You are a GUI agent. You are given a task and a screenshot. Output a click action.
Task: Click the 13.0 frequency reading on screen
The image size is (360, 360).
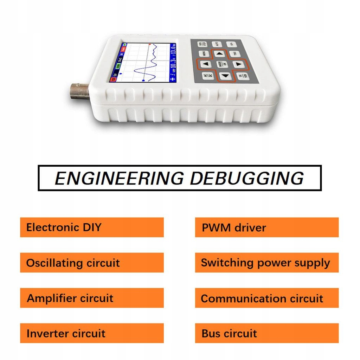coord(173,50)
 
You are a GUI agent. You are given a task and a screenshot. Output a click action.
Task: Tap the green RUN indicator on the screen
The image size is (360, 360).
coord(118,66)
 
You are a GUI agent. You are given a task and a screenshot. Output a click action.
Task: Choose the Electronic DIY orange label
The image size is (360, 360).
coord(92,227)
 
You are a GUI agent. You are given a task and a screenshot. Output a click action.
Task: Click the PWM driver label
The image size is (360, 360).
coord(266,227)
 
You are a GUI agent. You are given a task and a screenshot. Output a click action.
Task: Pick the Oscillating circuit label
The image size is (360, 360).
coord(92,263)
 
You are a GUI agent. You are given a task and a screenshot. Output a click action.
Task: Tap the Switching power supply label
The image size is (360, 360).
coord(266,263)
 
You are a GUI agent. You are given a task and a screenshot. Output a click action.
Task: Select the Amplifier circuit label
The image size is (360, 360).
coord(92,298)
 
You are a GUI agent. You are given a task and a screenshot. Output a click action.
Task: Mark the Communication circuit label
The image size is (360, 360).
coord(266,298)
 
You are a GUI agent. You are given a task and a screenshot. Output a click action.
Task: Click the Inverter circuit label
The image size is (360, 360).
coord(92,333)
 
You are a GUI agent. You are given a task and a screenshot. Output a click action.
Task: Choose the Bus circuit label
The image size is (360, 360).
coord(266,333)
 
